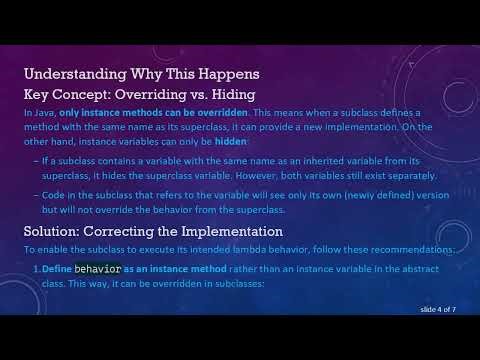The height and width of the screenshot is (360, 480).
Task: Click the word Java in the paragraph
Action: pos(41,116)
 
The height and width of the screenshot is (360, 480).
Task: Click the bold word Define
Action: pos(58,270)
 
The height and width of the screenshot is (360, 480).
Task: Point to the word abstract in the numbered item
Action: pos(434,270)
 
